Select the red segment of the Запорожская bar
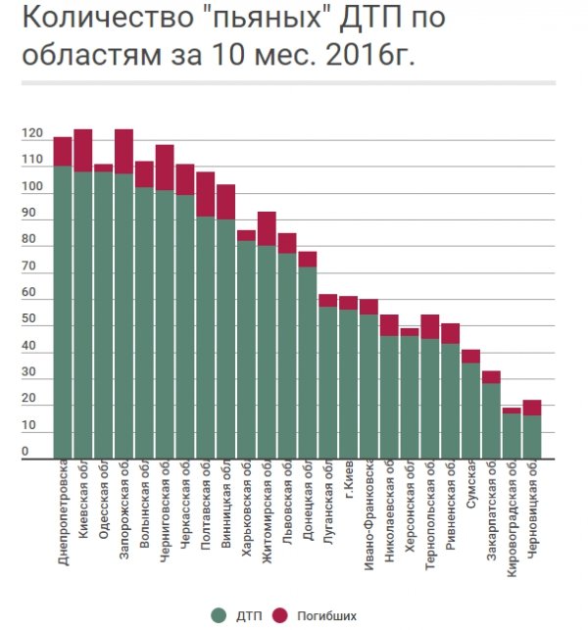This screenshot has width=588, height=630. point(123,151)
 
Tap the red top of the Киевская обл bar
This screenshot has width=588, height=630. point(83,150)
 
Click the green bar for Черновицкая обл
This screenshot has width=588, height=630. point(532,437)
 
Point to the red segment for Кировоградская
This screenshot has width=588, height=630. point(512,411)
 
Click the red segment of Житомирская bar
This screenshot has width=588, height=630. point(267,228)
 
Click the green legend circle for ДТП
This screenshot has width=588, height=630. point(218,615)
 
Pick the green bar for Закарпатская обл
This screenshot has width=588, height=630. point(491,420)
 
